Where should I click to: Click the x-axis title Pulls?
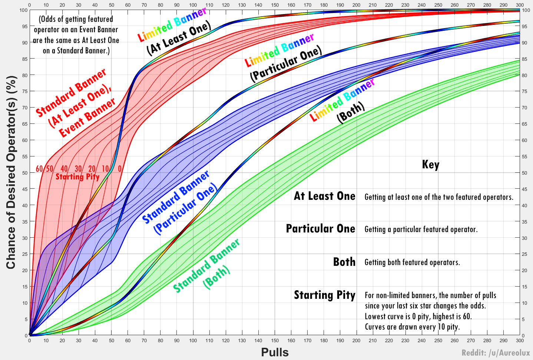[x=275, y=352]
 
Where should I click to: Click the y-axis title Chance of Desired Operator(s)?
[x=11, y=172]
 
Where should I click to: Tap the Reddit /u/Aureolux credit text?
[x=496, y=353]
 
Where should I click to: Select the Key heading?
[x=430, y=164]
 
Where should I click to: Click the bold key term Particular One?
[x=320, y=229]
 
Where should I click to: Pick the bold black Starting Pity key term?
[x=324, y=295]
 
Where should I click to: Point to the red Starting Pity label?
[x=77, y=176]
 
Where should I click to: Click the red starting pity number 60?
[x=39, y=169]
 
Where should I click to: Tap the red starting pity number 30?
[x=78, y=169]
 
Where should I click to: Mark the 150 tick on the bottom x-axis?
[x=275, y=340]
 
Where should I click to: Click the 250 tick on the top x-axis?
[x=438, y=5]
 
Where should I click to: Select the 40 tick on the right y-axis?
[x=524, y=205]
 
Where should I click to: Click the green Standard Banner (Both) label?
[x=206, y=266]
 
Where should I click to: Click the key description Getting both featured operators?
[x=412, y=262]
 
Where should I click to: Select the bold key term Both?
[x=344, y=262]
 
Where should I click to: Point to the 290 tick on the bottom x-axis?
[x=503, y=340]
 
